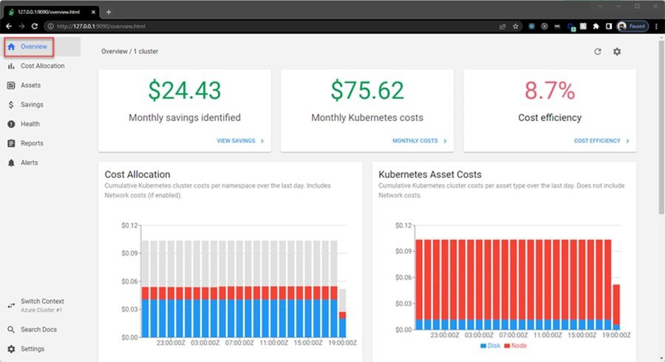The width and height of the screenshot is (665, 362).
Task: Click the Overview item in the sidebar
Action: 34,47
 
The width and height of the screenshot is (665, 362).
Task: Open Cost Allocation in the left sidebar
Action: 42,66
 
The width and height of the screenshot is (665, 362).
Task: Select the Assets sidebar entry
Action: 30,85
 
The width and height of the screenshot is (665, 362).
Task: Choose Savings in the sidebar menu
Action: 32,105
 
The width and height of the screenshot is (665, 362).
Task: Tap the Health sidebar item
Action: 30,124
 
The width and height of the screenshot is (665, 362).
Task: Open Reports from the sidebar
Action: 32,143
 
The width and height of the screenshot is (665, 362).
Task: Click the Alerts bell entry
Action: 29,163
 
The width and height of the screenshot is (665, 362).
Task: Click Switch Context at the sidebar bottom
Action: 42,301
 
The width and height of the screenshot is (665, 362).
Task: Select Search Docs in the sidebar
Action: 38,329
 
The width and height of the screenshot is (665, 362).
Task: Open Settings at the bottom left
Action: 32,349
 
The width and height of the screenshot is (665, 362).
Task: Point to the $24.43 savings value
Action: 184,90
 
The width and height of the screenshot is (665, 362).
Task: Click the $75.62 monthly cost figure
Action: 367,90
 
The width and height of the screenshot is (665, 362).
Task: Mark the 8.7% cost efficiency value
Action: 549,90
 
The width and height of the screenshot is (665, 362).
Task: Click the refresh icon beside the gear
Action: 598,52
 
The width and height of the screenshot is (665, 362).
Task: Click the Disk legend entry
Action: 490,346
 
